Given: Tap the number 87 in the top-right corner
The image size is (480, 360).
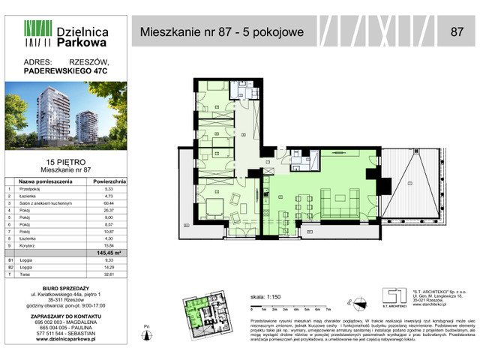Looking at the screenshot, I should [456, 32].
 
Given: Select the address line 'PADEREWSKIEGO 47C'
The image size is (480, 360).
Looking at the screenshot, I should [66, 72].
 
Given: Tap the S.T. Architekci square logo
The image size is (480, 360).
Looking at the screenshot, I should [389, 296].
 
